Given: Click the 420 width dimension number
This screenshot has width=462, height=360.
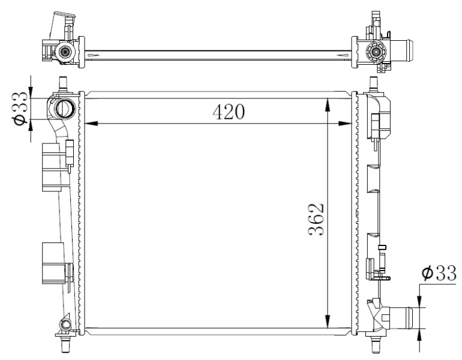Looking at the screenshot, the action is point(229,112).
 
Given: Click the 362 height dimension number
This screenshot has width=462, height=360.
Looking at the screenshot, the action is point(316,220).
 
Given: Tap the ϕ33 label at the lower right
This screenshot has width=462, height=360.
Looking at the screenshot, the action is point(439,273).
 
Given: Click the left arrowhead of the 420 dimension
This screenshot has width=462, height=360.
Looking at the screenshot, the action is point(91,124).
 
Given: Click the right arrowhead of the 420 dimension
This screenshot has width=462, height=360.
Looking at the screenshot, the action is point(346,124).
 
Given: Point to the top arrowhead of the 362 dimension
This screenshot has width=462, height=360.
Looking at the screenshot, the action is point(328,104).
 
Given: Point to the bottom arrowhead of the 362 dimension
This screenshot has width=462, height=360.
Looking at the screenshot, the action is point(328,321).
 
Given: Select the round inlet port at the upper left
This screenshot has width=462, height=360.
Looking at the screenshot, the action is point(65,109).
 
